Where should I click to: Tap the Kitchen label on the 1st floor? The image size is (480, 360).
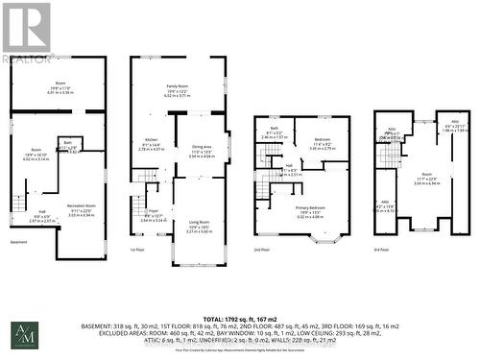(152, 140)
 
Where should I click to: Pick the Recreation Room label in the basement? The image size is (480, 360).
(81, 179)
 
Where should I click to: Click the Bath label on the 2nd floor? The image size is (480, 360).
(275, 129)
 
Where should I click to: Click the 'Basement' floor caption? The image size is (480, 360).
(19, 242)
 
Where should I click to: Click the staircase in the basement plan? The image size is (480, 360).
(19, 204)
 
